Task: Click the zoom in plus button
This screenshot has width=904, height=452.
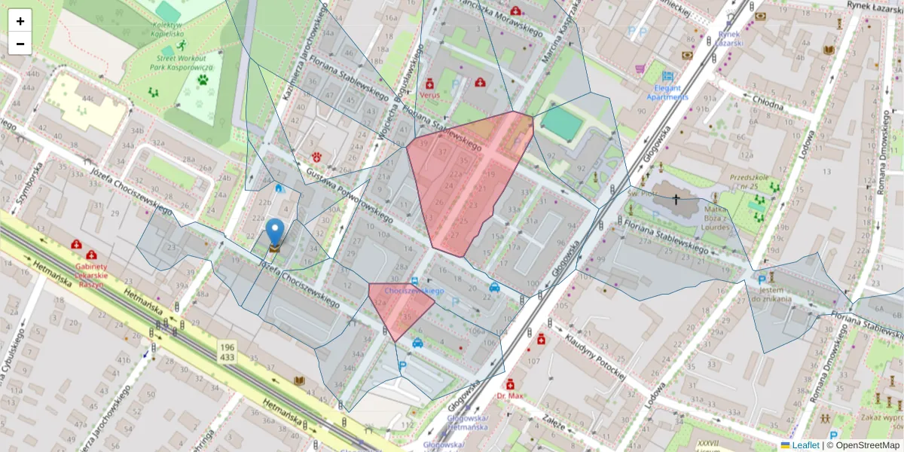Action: pos(20,20)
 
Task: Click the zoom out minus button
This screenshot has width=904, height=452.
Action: pos(20,44)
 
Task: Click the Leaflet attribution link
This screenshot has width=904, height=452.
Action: pos(805,445)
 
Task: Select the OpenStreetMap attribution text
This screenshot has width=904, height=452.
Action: pos(863,445)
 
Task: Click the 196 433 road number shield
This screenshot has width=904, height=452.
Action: pos(227,351)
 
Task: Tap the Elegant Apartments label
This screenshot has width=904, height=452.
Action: pos(667,92)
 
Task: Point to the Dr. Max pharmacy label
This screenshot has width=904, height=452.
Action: pos(510,395)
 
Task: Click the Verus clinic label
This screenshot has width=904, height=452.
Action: pos(430,96)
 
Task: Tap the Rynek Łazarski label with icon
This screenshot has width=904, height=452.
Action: pos(730,38)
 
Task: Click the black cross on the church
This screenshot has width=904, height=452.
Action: pos(676,200)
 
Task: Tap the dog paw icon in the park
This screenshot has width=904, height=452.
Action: pos(203,78)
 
